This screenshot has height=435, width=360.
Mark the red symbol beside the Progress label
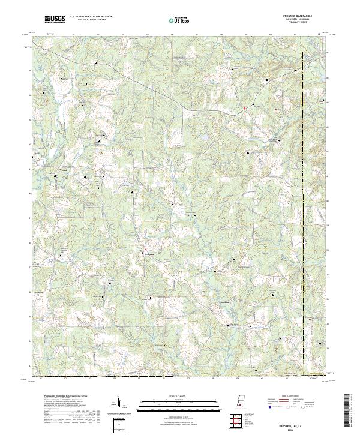(143, 249)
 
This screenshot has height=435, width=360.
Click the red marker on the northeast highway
(244, 108)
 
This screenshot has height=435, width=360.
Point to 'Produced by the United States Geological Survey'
(60, 397)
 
